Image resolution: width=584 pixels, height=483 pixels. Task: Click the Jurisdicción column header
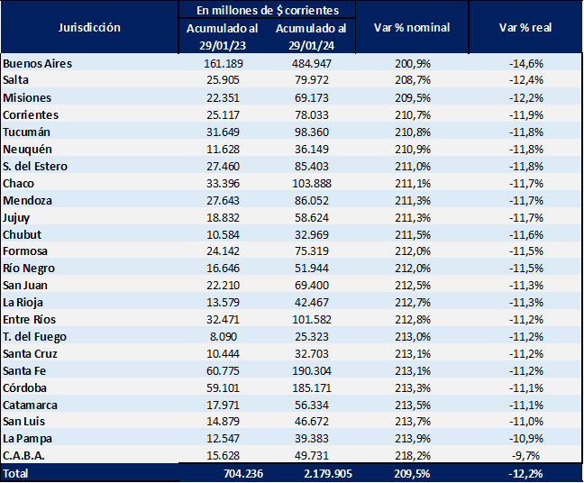(88, 28)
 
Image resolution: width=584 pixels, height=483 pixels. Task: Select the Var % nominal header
(412, 28)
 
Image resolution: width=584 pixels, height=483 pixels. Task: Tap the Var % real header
(525, 28)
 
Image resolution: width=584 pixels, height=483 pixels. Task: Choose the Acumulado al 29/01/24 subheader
(310, 36)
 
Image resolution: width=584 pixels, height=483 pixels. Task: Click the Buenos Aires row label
(37, 64)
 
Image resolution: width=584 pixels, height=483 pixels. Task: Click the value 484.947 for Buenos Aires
(311, 64)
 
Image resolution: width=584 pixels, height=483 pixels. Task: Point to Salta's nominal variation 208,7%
(412, 81)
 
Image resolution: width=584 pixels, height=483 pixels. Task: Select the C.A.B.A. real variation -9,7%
(525, 455)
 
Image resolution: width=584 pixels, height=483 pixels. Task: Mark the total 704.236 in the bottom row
(223, 473)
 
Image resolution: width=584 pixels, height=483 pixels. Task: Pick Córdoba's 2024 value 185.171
(311, 387)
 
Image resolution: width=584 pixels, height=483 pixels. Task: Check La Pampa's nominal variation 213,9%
(412, 438)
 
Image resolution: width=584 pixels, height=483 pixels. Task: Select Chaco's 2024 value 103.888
(311, 183)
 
